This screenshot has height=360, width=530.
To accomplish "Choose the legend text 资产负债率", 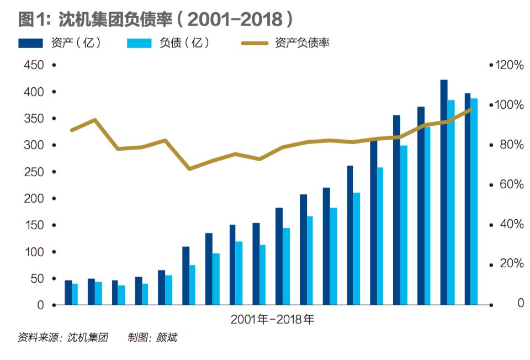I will click(302, 43).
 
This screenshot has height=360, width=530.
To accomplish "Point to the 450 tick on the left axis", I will click(34, 65).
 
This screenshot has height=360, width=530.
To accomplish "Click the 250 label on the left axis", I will click(34, 172).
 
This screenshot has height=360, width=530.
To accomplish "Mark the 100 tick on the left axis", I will click(34, 252).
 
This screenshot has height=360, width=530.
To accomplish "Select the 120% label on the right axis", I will click(508, 65).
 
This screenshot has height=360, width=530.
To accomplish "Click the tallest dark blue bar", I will click(443, 192).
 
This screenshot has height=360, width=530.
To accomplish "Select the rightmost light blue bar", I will click(474, 202).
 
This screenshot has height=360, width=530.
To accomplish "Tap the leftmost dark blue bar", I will click(68, 293).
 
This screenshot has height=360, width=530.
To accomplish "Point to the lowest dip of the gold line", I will click(189, 168).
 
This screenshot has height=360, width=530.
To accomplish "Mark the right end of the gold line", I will click(471, 109).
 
